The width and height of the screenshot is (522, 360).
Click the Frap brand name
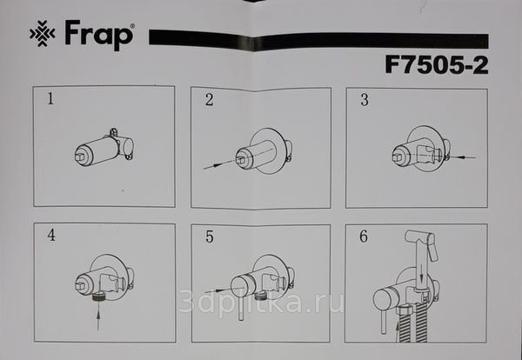click(x=99, y=35)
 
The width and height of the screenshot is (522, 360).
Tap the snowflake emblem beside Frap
click(x=43, y=33)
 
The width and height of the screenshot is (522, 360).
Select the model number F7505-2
click(x=437, y=65)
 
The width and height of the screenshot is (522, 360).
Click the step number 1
click(x=50, y=98)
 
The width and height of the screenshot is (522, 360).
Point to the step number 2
click(x=209, y=100)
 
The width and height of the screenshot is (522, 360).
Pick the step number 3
click(x=365, y=100)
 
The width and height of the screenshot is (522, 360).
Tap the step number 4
click(x=51, y=235)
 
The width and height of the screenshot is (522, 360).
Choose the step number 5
click(x=210, y=237)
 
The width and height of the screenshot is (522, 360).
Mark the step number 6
click(x=364, y=237)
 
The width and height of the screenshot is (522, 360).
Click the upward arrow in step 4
click(x=98, y=319)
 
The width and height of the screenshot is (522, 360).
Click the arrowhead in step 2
click(x=218, y=164)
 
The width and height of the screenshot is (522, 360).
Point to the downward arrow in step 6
click(x=422, y=273)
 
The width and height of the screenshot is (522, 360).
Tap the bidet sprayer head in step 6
click(x=420, y=243)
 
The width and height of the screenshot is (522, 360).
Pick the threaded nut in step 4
click(x=98, y=297)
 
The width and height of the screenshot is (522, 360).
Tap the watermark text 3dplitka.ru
click(x=261, y=302)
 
